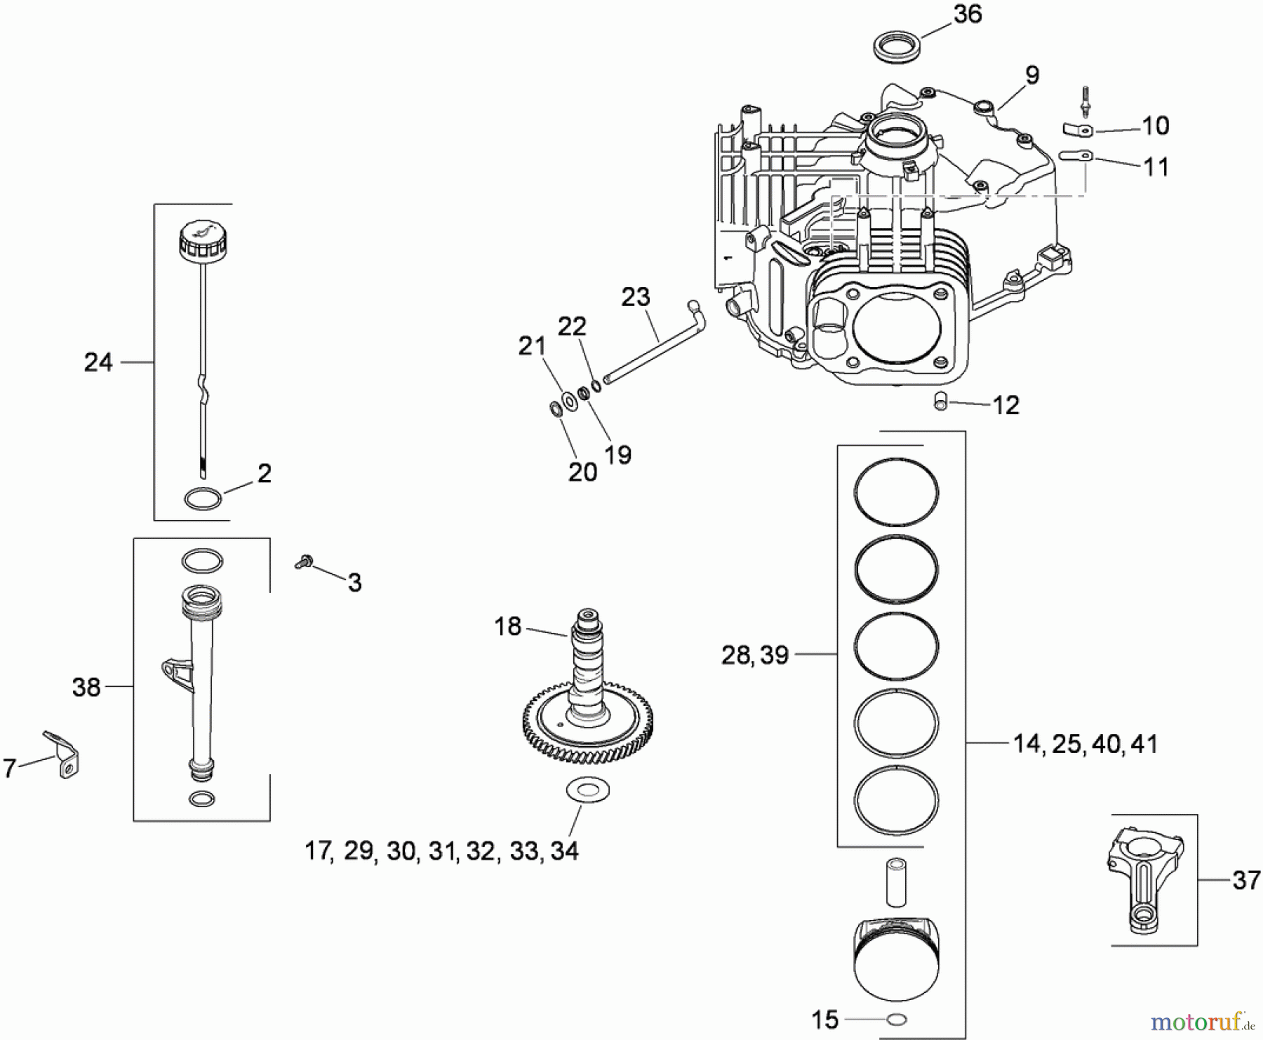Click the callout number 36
[968, 15]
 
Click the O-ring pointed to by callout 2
[203, 499]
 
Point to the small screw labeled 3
[305, 561]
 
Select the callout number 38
[86, 687]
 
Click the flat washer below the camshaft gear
[588, 790]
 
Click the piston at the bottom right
[896, 961]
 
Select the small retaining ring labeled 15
[897, 1020]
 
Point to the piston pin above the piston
[896, 882]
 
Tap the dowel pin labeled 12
[941, 402]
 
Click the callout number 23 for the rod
[635, 298]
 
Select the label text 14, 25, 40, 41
[1085, 744]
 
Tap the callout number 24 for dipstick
[98, 362]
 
